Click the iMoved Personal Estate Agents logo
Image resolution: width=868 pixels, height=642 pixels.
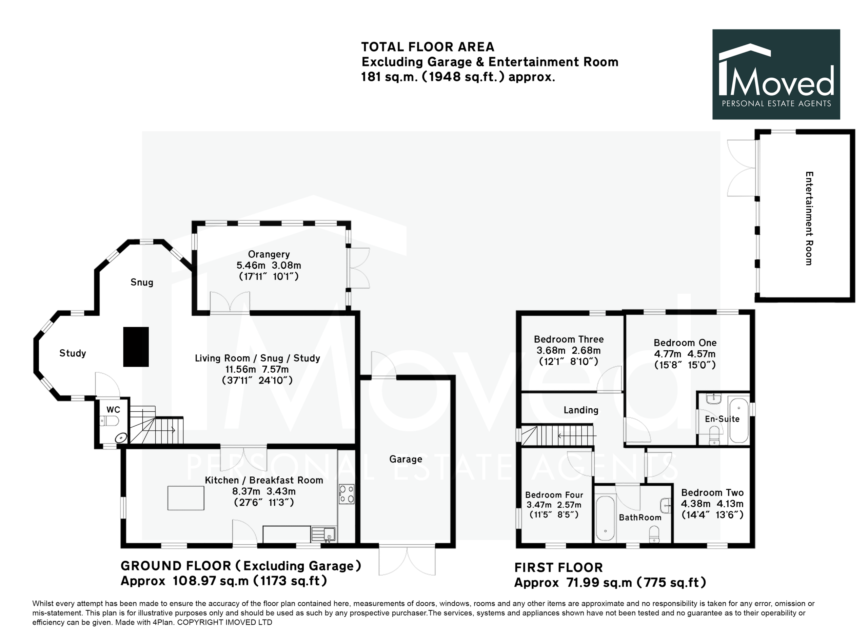pyautogui.click(x=776, y=74)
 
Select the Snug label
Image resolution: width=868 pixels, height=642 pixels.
pyautogui.click(x=142, y=282)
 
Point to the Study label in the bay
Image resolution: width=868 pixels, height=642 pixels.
pyautogui.click(x=73, y=353)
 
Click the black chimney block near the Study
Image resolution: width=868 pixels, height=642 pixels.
pyautogui.click(x=136, y=347)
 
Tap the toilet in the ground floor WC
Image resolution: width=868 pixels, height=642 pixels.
pyautogui.click(x=109, y=421)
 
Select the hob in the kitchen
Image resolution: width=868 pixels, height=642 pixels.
pyautogui.click(x=347, y=494)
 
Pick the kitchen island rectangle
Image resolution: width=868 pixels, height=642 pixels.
pyautogui.click(x=186, y=498)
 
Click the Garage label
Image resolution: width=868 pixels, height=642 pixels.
pyautogui.click(x=406, y=459)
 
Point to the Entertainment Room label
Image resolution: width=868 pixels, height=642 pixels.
pyautogui.click(x=809, y=218)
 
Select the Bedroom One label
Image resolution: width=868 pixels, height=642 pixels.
pyautogui.click(x=685, y=343)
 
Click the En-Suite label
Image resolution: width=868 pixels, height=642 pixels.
pyautogui.click(x=722, y=419)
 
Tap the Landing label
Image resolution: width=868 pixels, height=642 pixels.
pyautogui.click(x=581, y=410)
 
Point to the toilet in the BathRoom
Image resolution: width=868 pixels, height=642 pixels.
pyautogui.click(x=654, y=534)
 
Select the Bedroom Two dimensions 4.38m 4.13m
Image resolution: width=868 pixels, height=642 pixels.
pyautogui.click(x=712, y=504)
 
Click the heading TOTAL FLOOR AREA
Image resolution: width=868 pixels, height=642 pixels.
pyautogui.click(x=428, y=47)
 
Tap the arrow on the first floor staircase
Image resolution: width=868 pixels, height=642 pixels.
pyautogui.click(x=577, y=436)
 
